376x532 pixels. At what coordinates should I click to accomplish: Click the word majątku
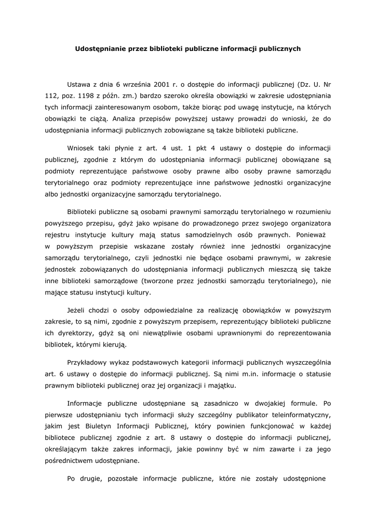coord(222,385)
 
